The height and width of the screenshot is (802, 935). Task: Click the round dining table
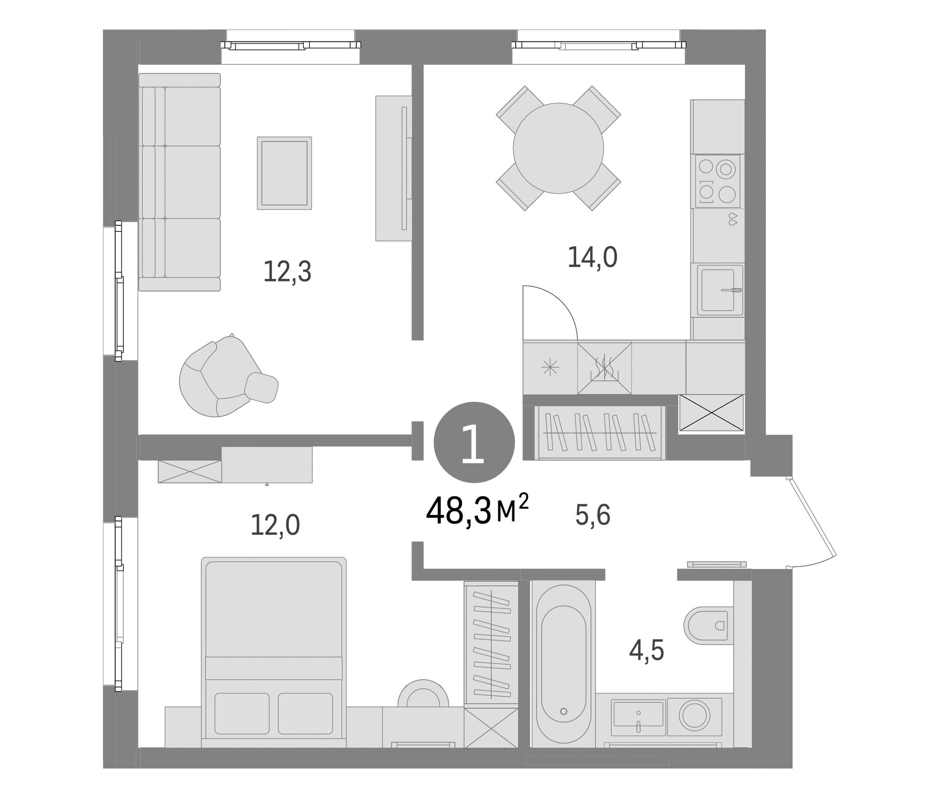coord(558,148)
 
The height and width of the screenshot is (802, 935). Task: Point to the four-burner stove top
coord(717,181)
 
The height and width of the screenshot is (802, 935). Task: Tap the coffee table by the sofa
coord(285,173)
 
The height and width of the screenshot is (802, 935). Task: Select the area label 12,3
coord(287,272)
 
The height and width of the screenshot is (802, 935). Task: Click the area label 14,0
coord(592,258)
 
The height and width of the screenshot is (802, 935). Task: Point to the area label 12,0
coord(275,525)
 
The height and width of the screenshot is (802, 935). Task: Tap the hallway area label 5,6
coord(593,515)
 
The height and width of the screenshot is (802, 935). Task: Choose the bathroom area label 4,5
coord(646,650)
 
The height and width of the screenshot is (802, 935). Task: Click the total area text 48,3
coord(459,511)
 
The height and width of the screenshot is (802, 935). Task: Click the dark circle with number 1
coord(474,442)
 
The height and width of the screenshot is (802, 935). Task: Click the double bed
coord(273,652)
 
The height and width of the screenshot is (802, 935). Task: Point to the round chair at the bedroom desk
coord(423,693)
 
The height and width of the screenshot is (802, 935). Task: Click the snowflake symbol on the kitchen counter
coord(550,368)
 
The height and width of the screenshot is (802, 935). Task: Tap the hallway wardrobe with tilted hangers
coord(600,433)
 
